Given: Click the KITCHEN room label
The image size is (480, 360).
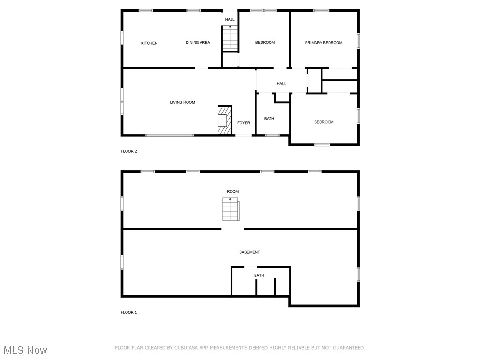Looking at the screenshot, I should (x=149, y=43).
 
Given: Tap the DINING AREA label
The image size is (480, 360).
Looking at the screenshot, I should (x=198, y=43).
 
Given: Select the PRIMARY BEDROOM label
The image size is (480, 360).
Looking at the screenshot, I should (x=323, y=43).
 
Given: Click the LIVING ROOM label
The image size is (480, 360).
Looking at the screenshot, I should (x=182, y=102).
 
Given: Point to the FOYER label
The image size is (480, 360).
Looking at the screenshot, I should (x=243, y=123).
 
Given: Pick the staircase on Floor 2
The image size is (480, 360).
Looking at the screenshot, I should (x=230, y=38).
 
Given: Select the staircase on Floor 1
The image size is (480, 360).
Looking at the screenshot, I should (x=230, y=210).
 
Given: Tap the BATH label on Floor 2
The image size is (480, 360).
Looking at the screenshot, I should (x=269, y=119).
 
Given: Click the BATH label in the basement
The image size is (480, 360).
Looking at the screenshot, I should (x=259, y=275).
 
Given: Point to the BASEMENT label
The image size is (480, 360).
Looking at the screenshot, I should (x=249, y=252).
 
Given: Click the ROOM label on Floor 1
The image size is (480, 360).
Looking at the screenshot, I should (x=232, y=191).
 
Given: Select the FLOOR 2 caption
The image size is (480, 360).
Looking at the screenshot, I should (x=129, y=151).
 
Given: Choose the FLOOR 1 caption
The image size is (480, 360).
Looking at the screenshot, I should (x=129, y=312).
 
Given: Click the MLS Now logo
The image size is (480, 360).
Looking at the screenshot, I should (x=25, y=350).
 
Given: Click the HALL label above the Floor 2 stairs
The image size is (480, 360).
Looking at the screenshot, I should (x=230, y=19).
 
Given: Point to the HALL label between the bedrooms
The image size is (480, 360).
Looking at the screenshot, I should (x=281, y=84).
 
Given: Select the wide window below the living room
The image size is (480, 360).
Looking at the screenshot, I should (x=169, y=135).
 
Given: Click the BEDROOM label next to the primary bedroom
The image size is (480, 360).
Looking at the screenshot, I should (x=265, y=43).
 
